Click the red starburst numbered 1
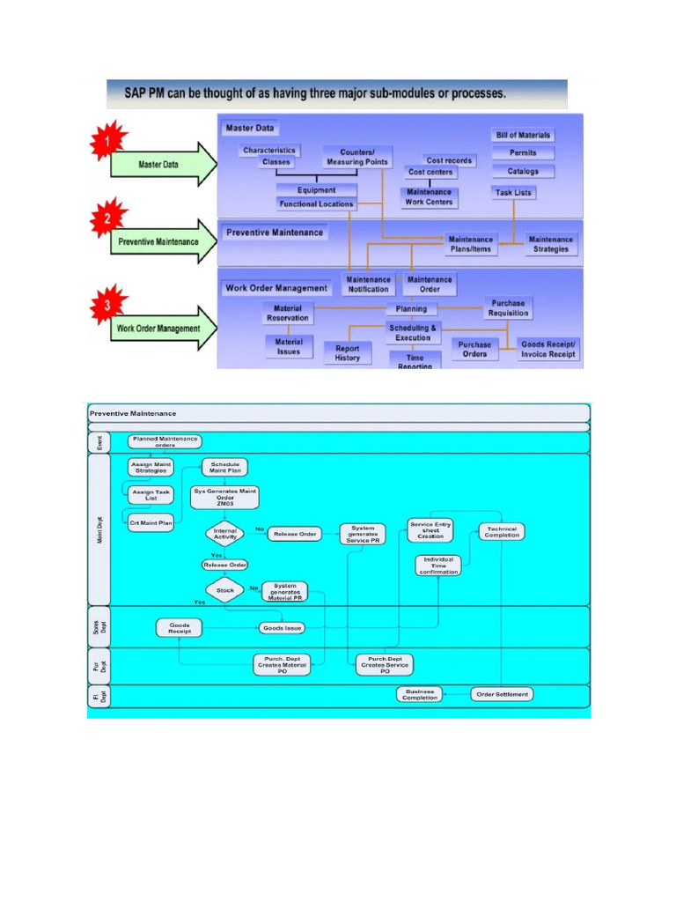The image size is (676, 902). [x=107, y=141]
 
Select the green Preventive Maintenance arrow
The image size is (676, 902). [x=163, y=242]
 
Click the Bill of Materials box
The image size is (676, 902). [x=523, y=135]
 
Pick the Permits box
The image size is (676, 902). [x=523, y=153]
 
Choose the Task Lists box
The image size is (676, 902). [x=513, y=192]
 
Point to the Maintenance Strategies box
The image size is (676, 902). [x=550, y=244]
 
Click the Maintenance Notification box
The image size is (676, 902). [x=368, y=285]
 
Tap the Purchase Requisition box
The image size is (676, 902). [x=509, y=307]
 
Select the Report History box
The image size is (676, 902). [x=348, y=353]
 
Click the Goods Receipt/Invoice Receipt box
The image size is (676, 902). [x=548, y=349]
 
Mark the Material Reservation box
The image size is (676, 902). [x=288, y=313]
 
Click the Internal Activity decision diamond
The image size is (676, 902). [x=224, y=533]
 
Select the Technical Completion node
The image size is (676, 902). [x=502, y=532]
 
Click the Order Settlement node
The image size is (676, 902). [x=502, y=694]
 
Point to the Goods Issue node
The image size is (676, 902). [x=282, y=628]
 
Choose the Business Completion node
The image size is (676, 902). [x=419, y=694]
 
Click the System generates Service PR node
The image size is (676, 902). [x=363, y=534]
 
